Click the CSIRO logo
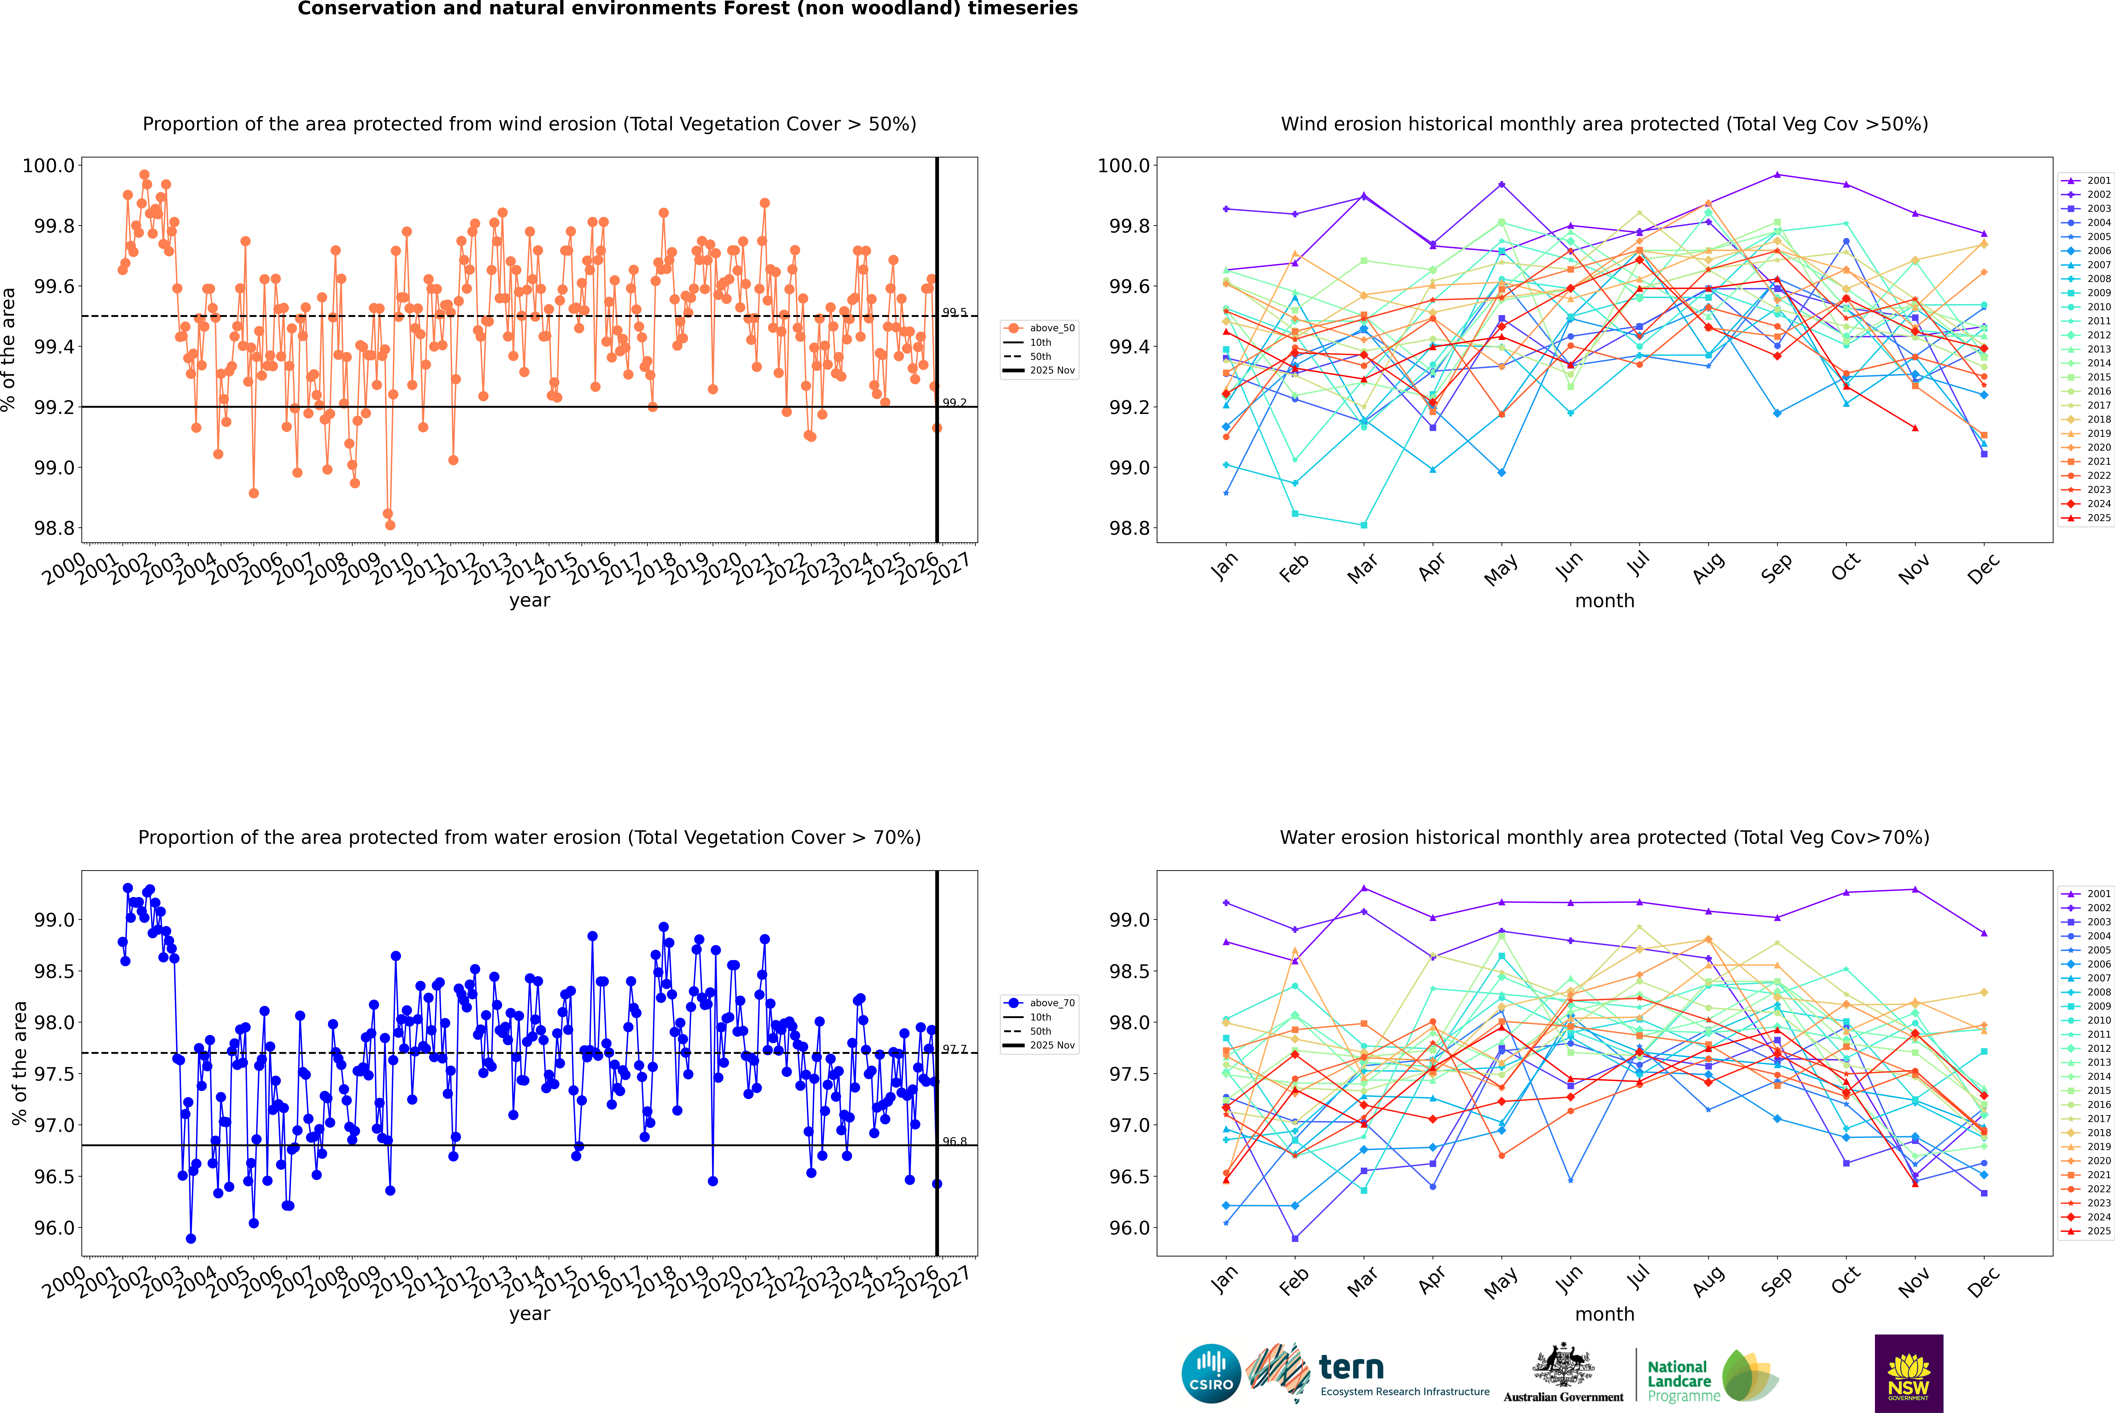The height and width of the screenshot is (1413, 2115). [x=1211, y=1373]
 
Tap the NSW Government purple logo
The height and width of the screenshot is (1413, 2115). [x=1908, y=1373]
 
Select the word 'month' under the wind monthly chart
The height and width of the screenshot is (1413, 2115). [x=1604, y=601]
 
